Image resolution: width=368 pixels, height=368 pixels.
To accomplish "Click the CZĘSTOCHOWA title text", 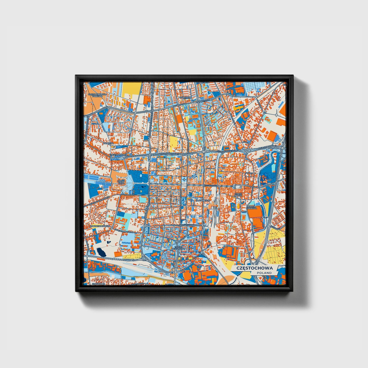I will (254, 268).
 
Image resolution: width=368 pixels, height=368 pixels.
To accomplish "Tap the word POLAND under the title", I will (264, 273).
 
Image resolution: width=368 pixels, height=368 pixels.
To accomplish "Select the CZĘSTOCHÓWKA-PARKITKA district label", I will (97, 95).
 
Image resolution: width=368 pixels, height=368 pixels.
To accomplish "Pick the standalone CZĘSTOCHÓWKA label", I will (118, 155).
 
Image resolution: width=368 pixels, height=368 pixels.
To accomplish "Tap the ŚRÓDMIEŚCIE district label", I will (203, 201).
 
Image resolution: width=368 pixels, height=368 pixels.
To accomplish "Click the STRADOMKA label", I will (97, 283).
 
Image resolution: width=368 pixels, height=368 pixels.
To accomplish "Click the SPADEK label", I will (249, 173).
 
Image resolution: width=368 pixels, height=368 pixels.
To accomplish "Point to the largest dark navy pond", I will (101, 252).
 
